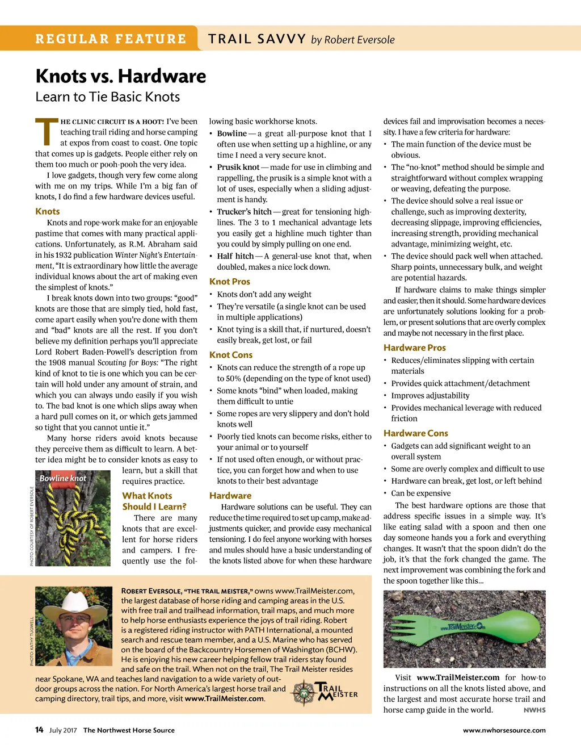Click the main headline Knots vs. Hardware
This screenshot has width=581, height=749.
point(120,76)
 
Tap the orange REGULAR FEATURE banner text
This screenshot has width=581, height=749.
point(111,39)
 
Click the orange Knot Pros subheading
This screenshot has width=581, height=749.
point(229,282)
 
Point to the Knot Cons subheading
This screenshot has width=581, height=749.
point(230,355)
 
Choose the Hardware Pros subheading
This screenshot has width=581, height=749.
point(414,348)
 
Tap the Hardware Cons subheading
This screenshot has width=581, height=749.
point(415,433)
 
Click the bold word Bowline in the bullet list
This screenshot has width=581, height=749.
point(231,133)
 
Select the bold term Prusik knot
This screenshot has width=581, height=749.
point(238,167)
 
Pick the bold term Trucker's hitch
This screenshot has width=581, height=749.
point(244,212)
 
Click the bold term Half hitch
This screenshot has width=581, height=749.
point(235,256)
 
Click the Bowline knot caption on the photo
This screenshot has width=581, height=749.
point(62,478)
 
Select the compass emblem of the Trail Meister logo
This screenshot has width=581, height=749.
point(304,693)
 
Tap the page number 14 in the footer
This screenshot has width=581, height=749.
point(39,730)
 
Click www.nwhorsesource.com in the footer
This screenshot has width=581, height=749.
point(504,730)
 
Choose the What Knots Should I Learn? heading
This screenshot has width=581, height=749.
point(154,501)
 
